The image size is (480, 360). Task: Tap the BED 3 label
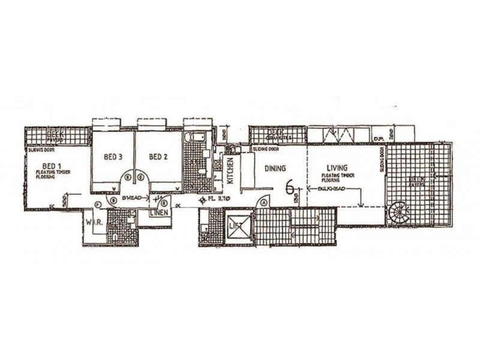click(113, 157)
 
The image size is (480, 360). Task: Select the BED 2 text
click(157, 157)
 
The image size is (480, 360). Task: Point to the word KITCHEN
click(230, 171)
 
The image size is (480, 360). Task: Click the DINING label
click(274, 169)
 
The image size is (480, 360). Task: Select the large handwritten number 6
click(290, 188)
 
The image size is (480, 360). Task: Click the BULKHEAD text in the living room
click(325, 187)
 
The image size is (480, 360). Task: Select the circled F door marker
click(98, 205)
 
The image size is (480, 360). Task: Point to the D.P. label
click(378, 138)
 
